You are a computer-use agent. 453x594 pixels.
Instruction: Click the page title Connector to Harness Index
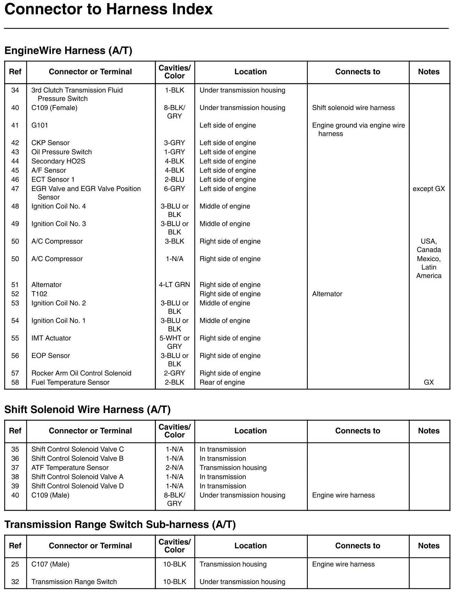(x=108, y=9)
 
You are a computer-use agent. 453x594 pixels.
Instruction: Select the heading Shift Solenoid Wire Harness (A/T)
(x=87, y=409)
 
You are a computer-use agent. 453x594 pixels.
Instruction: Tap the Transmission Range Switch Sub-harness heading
(x=120, y=524)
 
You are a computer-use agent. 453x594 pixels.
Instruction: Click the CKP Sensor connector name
(x=50, y=143)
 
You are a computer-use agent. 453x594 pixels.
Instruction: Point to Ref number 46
(x=15, y=180)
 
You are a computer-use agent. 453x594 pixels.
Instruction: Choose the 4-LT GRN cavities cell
(x=174, y=285)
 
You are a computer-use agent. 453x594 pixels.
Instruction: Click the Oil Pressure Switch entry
(x=61, y=152)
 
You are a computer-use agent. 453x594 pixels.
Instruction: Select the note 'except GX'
(x=429, y=189)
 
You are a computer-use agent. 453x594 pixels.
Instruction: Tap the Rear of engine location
(x=222, y=382)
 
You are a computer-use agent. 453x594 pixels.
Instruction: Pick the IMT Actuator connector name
(x=51, y=338)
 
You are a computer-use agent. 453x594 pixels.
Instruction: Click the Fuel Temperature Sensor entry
(x=70, y=382)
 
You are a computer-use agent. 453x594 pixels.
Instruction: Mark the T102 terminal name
(x=39, y=294)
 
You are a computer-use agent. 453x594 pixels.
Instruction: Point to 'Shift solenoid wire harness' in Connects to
(x=353, y=108)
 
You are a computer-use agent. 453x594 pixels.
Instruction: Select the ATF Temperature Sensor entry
(x=70, y=468)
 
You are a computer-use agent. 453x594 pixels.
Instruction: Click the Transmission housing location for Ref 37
(x=233, y=468)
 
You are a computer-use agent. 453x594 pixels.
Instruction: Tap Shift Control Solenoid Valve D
(x=77, y=486)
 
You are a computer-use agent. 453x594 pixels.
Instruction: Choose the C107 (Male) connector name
(x=50, y=564)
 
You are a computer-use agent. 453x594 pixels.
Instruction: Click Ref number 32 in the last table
(x=15, y=582)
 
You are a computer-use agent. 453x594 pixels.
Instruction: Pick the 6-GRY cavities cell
(x=174, y=189)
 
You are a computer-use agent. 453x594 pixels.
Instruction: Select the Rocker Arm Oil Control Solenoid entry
(x=81, y=373)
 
